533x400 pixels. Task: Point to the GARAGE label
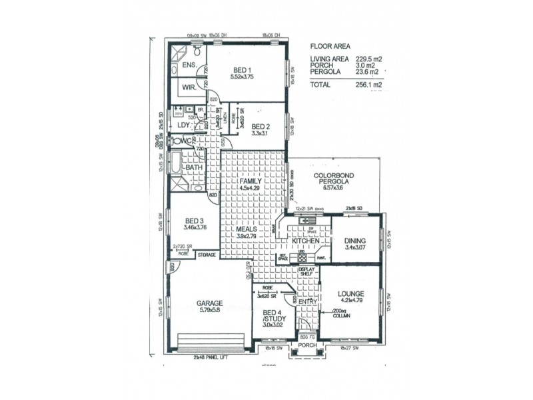click(209, 303)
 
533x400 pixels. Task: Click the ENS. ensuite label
click(188, 65)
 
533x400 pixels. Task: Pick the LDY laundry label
click(183, 125)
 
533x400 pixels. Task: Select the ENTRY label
click(307, 302)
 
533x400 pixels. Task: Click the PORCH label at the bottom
click(307, 345)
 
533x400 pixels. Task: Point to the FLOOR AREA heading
click(332, 47)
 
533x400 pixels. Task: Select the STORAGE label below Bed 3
click(206, 254)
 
